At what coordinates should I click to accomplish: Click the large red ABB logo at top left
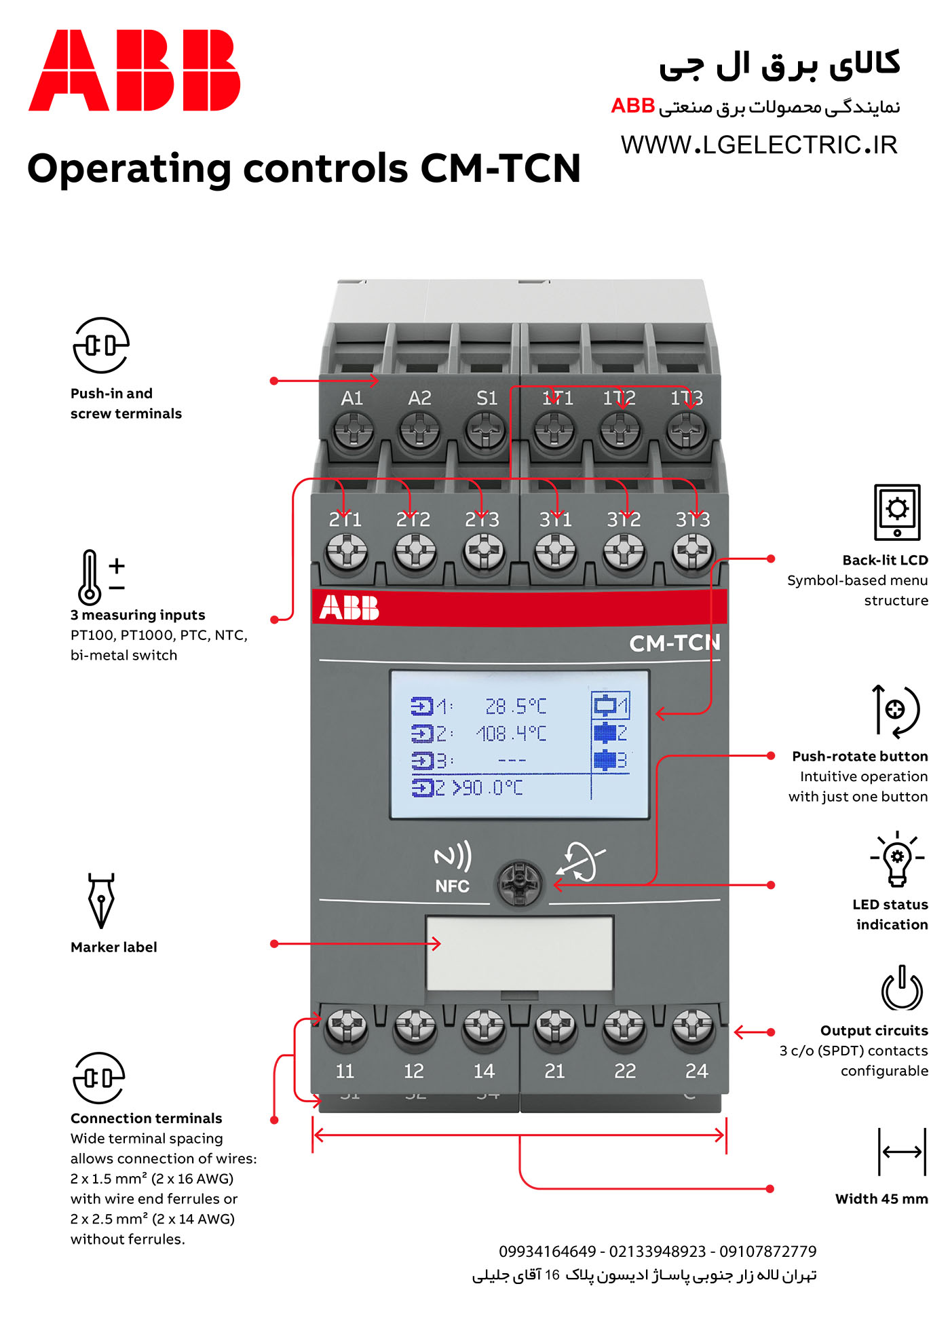pyautogui.click(x=134, y=70)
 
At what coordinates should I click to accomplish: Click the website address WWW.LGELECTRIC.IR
pyautogui.click(x=759, y=145)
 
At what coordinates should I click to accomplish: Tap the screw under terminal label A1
pyautogui.click(x=352, y=430)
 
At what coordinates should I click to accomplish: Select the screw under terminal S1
pyautogui.click(x=486, y=430)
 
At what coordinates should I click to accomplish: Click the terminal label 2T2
pyautogui.click(x=413, y=520)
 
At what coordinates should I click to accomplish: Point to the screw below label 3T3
pyautogui.click(x=693, y=552)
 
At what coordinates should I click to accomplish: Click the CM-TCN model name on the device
pyautogui.click(x=674, y=643)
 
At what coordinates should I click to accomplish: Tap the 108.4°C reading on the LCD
pyautogui.click(x=511, y=734)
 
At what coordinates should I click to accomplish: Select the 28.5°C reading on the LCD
pyautogui.click(x=516, y=706)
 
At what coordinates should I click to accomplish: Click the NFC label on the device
pyautogui.click(x=453, y=886)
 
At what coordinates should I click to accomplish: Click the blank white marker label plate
pyautogui.click(x=520, y=954)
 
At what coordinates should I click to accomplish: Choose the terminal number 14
pyautogui.click(x=484, y=1071)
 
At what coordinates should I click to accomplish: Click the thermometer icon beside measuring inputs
pyautogui.click(x=89, y=578)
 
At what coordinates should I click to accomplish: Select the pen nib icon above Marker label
pyautogui.click(x=101, y=901)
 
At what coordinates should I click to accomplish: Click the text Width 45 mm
pyautogui.click(x=881, y=1199)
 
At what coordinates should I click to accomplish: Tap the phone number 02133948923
pyautogui.click(x=658, y=1251)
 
